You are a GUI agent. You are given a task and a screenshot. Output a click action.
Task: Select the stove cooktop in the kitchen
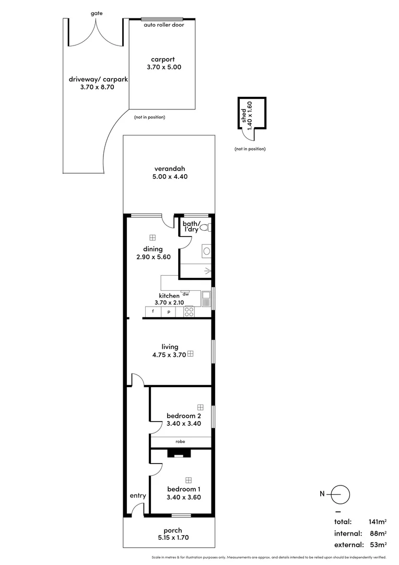(189, 312)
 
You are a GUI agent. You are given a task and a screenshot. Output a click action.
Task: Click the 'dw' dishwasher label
(185, 294)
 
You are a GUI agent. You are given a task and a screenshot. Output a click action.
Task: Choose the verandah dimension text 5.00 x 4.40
(170, 177)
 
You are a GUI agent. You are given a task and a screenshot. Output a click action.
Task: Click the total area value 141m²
(377, 522)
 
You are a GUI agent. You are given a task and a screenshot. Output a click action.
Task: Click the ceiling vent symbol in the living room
(191, 354)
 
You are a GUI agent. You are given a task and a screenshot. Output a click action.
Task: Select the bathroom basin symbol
(206, 252)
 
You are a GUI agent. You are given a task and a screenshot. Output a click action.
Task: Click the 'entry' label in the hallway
(138, 496)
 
